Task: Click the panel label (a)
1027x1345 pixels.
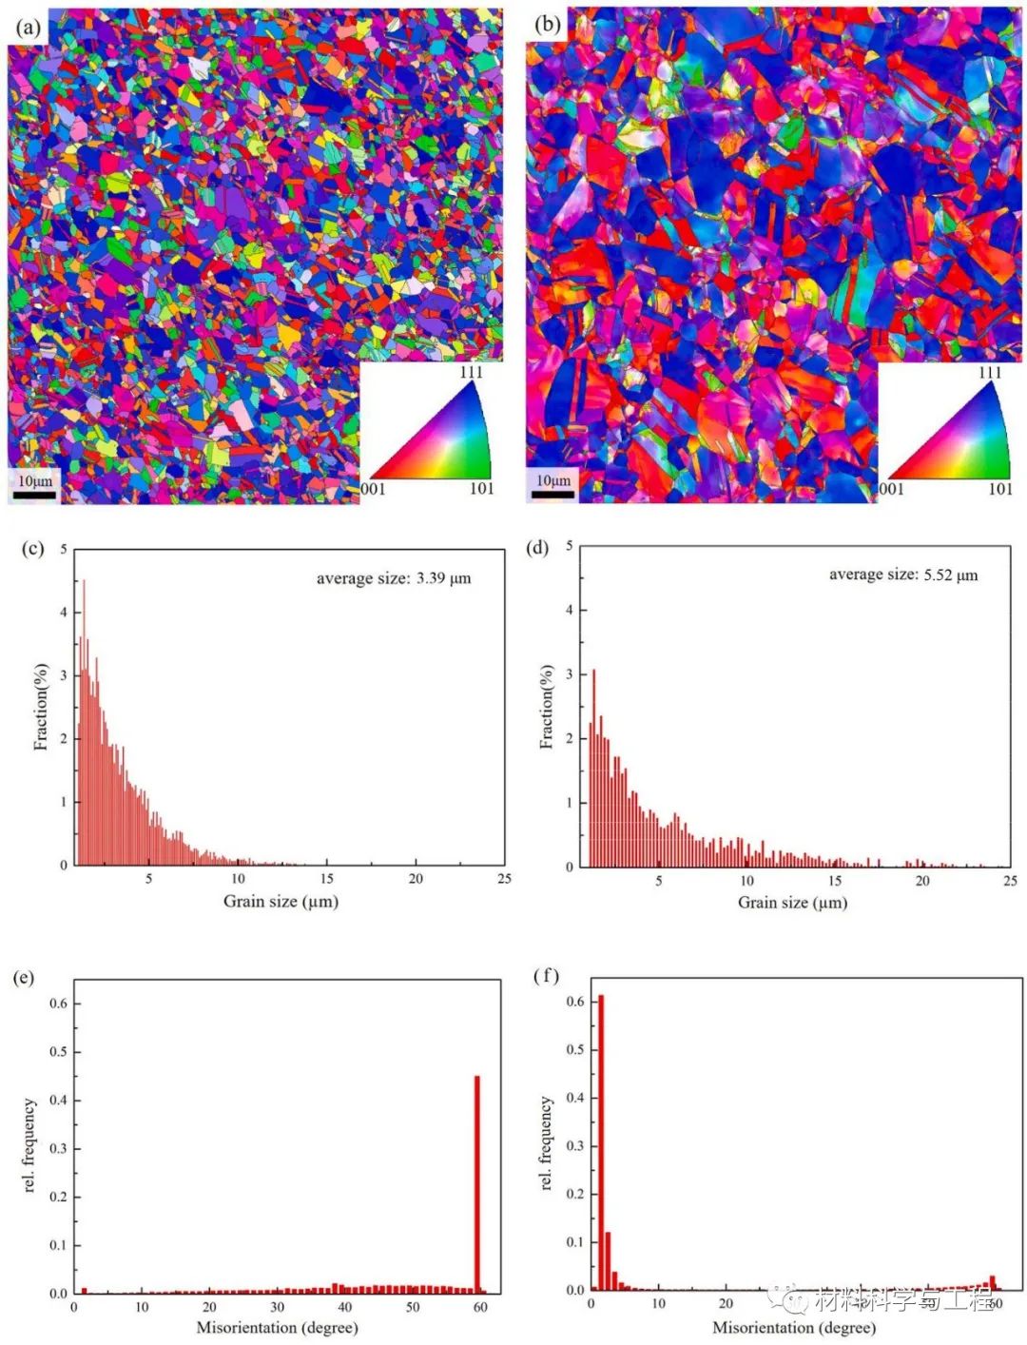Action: (29, 28)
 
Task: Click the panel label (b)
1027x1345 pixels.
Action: (548, 25)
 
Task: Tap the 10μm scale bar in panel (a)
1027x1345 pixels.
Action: (35, 495)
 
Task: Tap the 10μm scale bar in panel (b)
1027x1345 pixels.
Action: (552, 494)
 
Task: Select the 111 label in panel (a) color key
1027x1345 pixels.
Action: (472, 372)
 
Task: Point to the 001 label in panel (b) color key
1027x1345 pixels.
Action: (891, 489)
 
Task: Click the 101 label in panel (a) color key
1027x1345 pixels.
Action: (481, 489)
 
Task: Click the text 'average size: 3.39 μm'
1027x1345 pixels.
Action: (393, 578)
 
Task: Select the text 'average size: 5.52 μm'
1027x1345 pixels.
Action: (902, 575)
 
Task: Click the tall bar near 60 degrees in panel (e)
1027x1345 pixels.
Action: (476, 1184)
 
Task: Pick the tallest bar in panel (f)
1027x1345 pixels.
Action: (600, 1141)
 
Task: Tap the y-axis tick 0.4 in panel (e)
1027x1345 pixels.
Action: (58, 1101)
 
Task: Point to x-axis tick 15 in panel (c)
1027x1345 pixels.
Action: (326, 879)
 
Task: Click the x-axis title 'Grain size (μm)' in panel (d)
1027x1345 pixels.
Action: (792, 903)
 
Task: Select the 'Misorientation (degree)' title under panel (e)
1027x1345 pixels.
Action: (277, 1327)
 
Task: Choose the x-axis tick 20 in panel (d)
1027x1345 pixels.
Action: (922, 881)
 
